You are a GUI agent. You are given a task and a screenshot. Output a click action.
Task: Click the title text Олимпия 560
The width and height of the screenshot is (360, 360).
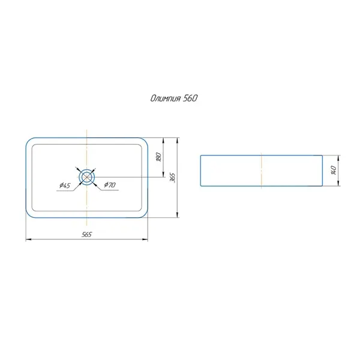pyautogui.click(x=174, y=98)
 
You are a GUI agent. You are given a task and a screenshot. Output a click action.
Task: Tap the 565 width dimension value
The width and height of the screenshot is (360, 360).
pyautogui.click(x=86, y=235)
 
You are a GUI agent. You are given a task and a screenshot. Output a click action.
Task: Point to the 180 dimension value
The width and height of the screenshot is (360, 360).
pyautogui.click(x=159, y=157)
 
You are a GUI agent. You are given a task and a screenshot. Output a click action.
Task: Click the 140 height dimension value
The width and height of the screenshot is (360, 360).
pyautogui.click(x=334, y=170)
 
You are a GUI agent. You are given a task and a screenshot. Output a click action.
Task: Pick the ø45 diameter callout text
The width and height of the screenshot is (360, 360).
pyautogui.click(x=65, y=185)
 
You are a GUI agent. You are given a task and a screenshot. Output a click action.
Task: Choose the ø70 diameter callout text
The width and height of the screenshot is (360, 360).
pyautogui.click(x=110, y=185)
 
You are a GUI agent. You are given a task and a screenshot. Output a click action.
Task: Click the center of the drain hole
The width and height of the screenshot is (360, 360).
pyautogui.click(x=87, y=177)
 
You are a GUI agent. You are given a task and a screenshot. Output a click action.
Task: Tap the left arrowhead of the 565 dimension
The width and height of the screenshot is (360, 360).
pyautogui.click(x=28, y=239)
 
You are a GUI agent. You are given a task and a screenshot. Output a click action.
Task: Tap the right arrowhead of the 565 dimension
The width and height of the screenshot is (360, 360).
pyautogui.click(x=145, y=239)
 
